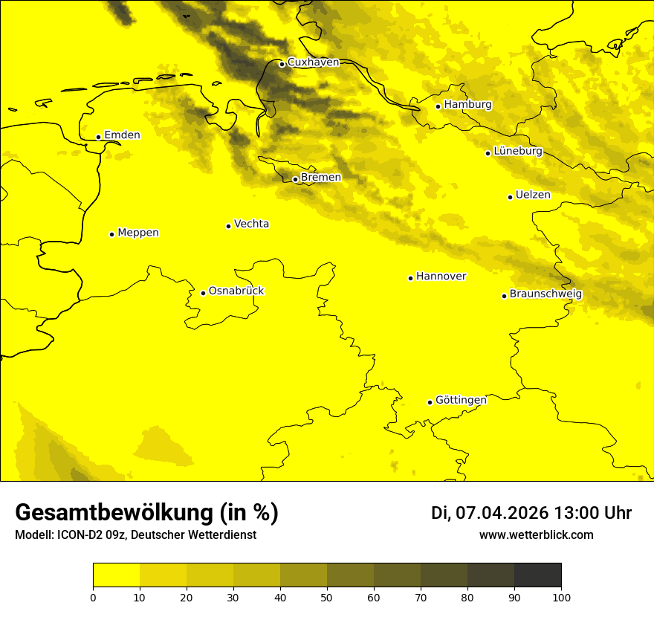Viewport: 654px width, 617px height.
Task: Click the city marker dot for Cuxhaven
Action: [282, 64]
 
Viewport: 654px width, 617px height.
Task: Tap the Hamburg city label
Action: [467, 105]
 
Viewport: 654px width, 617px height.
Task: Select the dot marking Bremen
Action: [295, 179]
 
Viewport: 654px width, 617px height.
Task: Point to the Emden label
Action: [122, 135]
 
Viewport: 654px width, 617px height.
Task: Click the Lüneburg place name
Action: [518, 151]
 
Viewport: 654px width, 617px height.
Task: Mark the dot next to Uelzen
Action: [510, 197]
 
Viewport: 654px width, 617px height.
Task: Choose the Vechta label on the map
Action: [251, 224]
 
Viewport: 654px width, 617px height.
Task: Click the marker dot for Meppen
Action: [111, 234]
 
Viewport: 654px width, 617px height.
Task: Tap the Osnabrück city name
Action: [236, 291]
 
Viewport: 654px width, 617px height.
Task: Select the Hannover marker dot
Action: [410, 278]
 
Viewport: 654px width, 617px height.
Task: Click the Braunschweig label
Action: [545, 294]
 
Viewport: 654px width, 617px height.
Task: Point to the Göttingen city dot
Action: [430, 402]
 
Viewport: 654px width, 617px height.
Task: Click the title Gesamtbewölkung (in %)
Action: [146, 513]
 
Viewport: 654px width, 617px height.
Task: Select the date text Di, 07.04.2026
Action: [490, 513]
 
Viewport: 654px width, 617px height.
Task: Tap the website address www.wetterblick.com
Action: [536, 534]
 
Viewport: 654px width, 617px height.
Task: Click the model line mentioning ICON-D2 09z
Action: [135, 534]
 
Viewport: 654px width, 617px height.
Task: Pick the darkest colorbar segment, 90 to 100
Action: [537, 575]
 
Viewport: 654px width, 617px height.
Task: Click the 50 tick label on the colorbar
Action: [327, 596]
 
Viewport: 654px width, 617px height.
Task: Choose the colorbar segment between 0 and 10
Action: [116, 575]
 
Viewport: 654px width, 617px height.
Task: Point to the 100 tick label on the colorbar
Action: [561, 596]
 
